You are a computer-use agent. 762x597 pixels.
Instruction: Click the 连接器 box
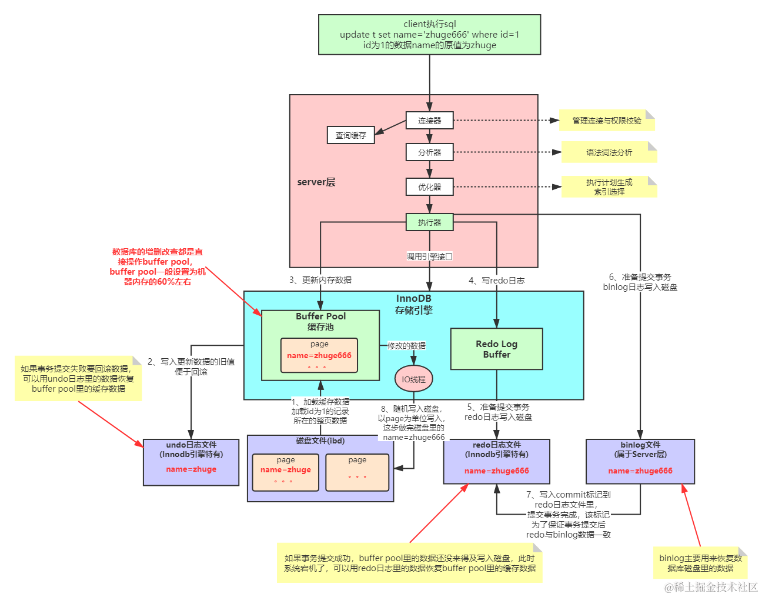point(429,121)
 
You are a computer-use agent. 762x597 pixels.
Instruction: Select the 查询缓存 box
point(350,135)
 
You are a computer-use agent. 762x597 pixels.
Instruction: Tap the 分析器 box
point(429,152)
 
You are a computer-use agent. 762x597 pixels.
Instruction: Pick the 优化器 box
point(429,187)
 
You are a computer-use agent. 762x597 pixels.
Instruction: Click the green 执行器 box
point(429,222)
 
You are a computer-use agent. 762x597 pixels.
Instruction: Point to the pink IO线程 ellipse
point(413,379)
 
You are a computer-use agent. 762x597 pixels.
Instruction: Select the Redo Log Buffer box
point(496,349)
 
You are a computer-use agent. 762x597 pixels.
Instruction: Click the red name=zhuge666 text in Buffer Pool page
point(319,355)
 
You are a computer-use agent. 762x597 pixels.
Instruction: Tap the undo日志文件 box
point(191,462)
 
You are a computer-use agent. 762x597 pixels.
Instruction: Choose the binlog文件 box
point(640,462)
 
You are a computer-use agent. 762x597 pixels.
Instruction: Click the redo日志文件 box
point(496,462)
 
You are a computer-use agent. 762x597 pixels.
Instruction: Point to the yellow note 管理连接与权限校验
point(607,121)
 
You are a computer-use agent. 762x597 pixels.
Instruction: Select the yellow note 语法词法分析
point(609,152)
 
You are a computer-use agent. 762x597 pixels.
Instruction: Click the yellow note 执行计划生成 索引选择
point(609,187)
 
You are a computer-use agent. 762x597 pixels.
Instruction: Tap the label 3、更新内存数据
point(320,280)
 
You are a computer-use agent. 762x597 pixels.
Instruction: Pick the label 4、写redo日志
point(497,281)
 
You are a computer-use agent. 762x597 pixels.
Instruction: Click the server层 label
point(316,182)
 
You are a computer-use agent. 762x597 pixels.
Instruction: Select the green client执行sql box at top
point(429,35)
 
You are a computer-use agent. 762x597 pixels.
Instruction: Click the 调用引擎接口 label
point(429,256)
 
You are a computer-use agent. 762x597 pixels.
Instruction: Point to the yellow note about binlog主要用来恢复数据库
point(700,563)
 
